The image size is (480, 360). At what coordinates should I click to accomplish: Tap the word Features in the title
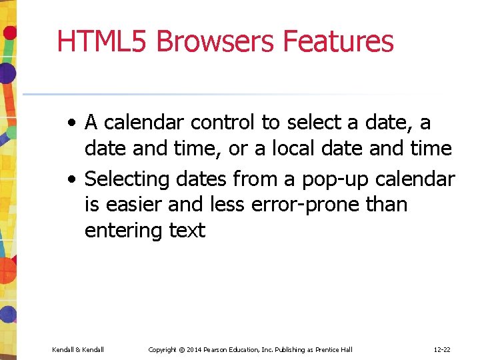338,41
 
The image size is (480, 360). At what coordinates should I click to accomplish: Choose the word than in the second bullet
386,205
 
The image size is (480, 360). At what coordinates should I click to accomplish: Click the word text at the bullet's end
187,231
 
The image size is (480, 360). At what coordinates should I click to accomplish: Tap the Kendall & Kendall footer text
78,349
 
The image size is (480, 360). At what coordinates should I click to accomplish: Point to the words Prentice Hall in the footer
335,349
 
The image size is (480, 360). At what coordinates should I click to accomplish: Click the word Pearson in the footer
223,349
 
